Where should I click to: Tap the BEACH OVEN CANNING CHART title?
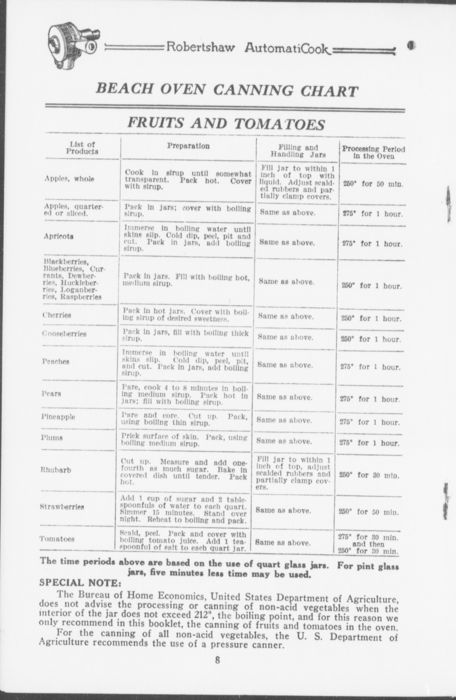tap(227, 90)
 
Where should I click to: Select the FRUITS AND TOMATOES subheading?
tap(226, 124)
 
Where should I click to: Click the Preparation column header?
tap(188, 146)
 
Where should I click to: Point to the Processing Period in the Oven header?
tap(373, 152)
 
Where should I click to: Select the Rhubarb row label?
tap(56, 470)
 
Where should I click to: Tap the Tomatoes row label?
tap(57, 539)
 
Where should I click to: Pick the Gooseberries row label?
tap(64, 334)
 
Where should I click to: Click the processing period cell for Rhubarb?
tap(369, 475)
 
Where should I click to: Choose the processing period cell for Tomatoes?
tap(368, 544)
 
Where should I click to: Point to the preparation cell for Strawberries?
tap(184, 509)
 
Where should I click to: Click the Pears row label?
tap(51, 394)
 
